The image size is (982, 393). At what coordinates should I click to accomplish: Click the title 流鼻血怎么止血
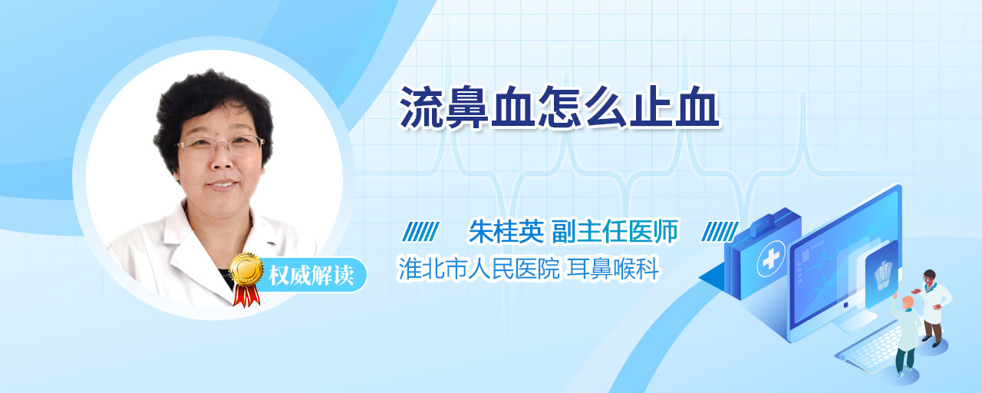[x=560, y=107]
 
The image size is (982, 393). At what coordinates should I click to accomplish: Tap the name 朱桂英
[x=506, y=231]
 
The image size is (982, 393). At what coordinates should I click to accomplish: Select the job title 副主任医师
[x=615, y=231]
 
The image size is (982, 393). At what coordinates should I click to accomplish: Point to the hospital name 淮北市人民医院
[x=478, y=269]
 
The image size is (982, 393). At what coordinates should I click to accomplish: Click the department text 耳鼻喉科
[x=613, y=269]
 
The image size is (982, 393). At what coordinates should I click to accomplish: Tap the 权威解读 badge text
[x=311, y=276]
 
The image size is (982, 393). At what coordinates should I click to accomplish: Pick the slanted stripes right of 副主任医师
[x=720, y=232]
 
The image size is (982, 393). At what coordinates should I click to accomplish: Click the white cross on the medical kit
[x=770, y=259]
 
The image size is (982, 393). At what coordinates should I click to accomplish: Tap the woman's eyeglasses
[x=220, y=144]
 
